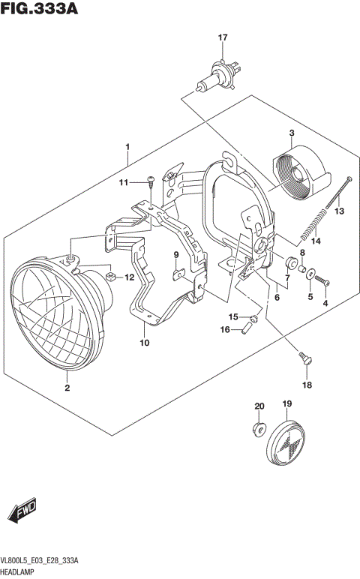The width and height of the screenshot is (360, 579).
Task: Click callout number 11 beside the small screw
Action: click(x=122, y=182)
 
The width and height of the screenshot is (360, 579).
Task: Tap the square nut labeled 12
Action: click(x=110, y=277)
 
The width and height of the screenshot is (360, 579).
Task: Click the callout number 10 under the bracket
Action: click(x=144, y=343)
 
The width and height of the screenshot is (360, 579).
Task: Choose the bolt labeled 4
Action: click(x=324, y=282)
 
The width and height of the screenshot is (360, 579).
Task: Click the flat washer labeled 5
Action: click(x=310, y=274)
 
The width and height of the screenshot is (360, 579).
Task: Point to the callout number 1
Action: click(x=128, y=145)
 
